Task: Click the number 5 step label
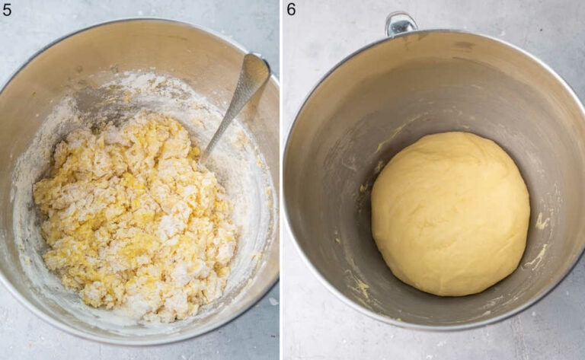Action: point(7,9)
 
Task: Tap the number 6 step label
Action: point(292,9)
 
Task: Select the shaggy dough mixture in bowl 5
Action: point(129,213)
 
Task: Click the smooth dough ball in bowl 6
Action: point(449,213)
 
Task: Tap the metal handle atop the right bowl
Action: point(401,24)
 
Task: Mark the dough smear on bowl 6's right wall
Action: point(542,222)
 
